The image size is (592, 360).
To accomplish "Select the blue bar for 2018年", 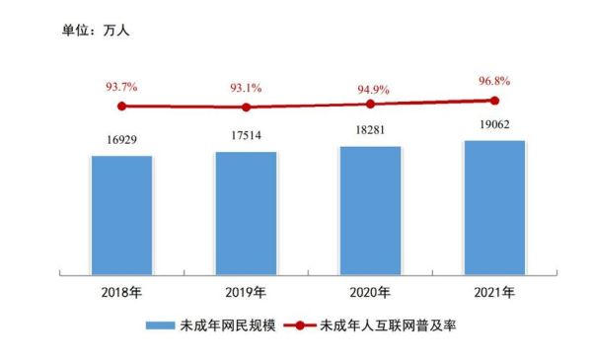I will (121, 214).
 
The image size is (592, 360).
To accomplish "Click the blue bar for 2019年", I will (246, 212).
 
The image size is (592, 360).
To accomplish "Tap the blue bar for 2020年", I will (370, 209).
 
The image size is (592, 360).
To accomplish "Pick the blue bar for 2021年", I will (494, 206).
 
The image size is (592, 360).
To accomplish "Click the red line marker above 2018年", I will (121, 106).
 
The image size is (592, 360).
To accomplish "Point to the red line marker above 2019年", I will (246, 108).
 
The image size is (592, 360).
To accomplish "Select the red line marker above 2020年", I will (370, 104).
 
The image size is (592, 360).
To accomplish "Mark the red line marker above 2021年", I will (494, 100).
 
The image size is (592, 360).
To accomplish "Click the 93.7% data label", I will (121, 88).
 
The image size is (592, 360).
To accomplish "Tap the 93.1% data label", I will (246, 89).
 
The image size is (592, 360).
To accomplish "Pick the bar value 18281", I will (370, 131).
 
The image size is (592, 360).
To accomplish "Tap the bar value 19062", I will (494, 126).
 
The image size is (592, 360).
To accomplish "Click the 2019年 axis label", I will (246, 293).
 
